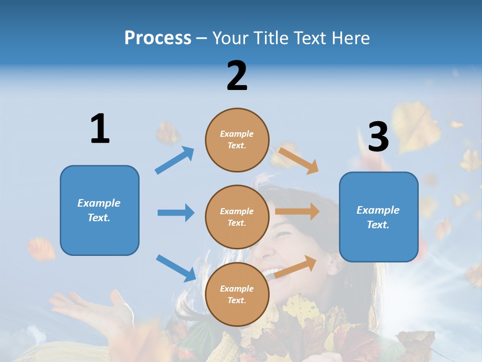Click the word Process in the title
158,38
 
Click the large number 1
100,129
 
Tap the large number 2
237,75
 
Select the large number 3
379,137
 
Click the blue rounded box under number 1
99,210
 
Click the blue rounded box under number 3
379,217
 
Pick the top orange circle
237,140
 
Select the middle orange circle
237,217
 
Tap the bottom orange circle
237,294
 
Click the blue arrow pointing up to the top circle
175,160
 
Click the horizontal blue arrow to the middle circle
176,213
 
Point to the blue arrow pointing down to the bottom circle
176,268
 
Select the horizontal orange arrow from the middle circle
297,211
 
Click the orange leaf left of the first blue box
42,249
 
